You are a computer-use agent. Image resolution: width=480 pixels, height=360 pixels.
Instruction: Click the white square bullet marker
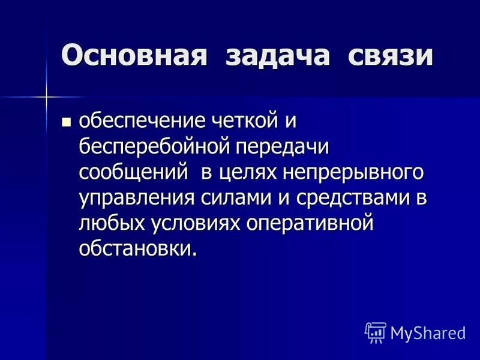[67, 122]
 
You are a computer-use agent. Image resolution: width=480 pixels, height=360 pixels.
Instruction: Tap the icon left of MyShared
[376, 332]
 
